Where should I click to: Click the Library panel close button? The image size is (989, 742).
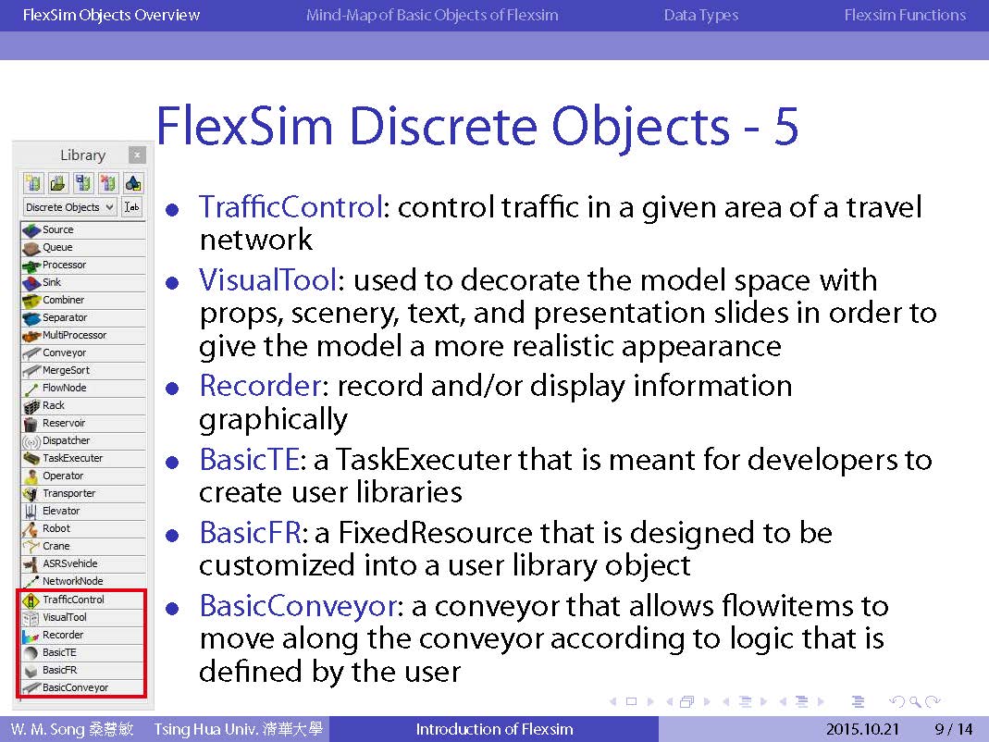click(x=137, y=155)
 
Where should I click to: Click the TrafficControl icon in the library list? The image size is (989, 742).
click(x=31, y=600)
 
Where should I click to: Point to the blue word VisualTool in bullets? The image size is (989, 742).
click(x=268, y=280)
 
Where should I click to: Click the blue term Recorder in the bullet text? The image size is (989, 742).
click(x=260, y=386)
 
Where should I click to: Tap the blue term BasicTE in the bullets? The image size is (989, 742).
click(x=249, y=459)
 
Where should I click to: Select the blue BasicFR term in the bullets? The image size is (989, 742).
click(x=250, y=533)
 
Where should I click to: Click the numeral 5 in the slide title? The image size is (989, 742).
click(x=785, y=126)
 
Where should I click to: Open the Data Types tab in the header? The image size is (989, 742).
click(x=700, y=15)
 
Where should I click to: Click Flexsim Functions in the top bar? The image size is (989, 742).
click(x=905, y=15)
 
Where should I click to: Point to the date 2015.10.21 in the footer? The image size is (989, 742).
click(x=862, y=729)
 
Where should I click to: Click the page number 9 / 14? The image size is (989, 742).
click(x=954, y=729)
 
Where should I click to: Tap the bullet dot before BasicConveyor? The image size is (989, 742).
click(x=172, y=608)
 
